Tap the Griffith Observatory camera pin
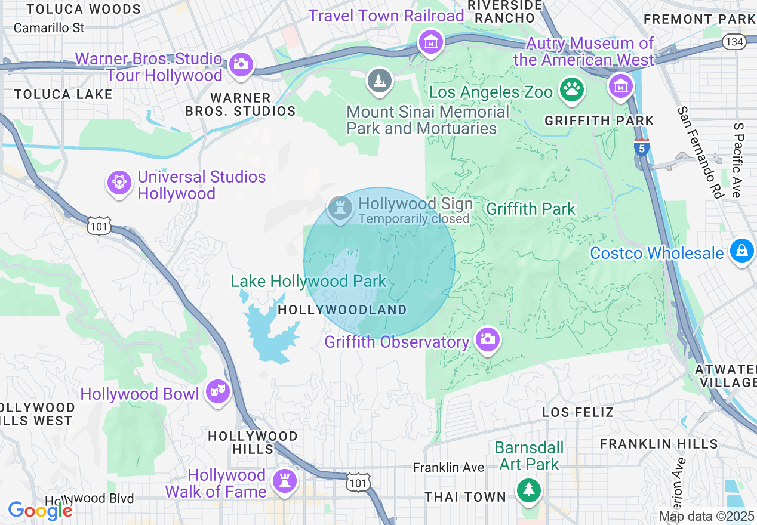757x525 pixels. (x=487, y=340)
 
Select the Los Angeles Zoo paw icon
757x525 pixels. (x=572, y=89)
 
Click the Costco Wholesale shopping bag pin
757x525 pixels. (x=741, y=251)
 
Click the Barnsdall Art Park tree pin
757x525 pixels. (x=529, y=490)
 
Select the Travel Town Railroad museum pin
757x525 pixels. (x=430, y=42)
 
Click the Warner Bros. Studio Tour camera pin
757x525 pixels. (x=241, y=64)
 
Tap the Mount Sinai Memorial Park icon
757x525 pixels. (x=379, y=81)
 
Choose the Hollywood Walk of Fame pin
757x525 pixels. (x=284, y=481)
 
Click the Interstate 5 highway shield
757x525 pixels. (x=641, y=147)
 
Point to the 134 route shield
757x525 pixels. (x=733, y=41)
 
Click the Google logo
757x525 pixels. (x=40, y=511)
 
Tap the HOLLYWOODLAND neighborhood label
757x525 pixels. (x=342, y=310)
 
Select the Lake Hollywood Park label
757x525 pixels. (x=309, y=281)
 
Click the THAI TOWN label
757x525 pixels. (x=465, y=497)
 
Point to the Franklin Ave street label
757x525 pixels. (x=448, y=468)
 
